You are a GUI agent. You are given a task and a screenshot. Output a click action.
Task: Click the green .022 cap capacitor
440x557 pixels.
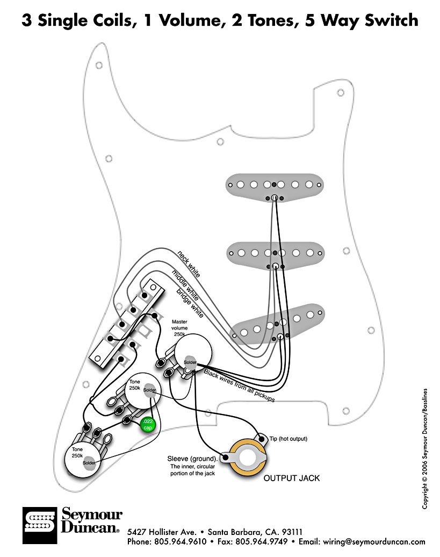[147, 425]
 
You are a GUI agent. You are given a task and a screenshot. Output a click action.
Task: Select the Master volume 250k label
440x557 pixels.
[179, 327]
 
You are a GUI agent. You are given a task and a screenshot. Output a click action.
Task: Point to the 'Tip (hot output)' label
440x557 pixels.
[288, 439]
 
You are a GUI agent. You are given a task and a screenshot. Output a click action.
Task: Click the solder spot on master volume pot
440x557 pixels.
[190, 362]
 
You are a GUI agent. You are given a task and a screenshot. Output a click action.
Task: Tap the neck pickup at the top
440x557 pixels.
[275, 185]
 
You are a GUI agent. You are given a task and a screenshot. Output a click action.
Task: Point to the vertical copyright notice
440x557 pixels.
[425, 448]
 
